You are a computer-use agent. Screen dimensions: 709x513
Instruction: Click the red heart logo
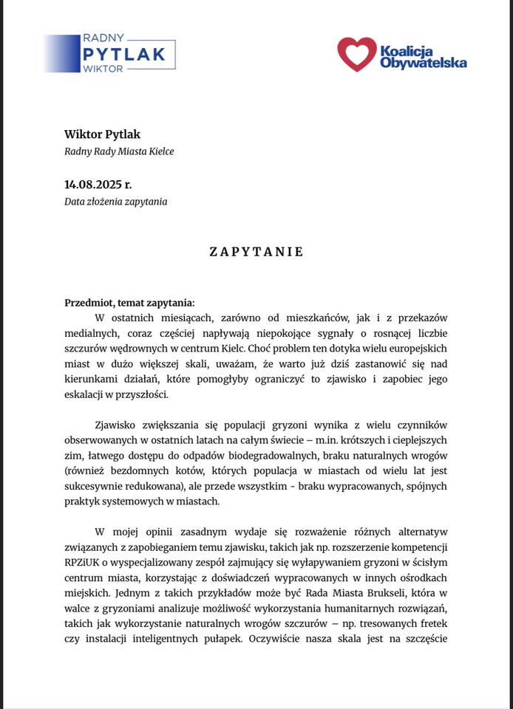356,54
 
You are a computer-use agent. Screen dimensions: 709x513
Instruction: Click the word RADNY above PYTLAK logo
103,37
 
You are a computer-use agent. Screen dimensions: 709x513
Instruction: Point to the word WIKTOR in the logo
103,69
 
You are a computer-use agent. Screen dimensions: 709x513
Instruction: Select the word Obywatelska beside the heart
423,64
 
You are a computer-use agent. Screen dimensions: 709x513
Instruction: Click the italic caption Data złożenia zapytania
115,201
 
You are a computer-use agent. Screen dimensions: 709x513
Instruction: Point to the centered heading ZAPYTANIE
256,251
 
